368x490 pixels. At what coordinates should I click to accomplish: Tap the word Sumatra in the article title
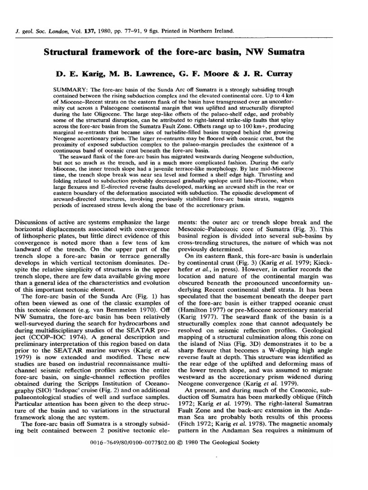coord(304,52)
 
